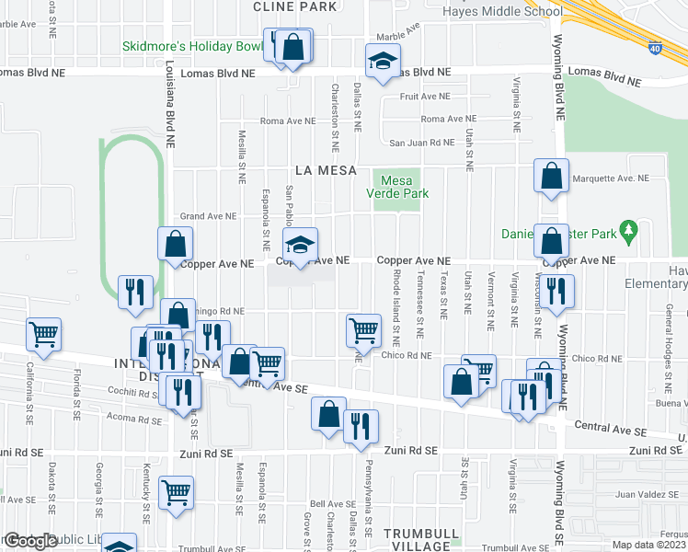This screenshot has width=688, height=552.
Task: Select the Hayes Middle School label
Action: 502,12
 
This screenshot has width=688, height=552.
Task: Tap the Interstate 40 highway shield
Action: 654,46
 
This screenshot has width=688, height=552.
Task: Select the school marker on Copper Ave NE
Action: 299,246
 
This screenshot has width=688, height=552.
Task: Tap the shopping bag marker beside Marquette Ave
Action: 550,178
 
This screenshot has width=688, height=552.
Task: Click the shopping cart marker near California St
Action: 43,336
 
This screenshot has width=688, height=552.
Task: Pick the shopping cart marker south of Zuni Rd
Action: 175,492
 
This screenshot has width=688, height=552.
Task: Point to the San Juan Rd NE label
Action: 421,143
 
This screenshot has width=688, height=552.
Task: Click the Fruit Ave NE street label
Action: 424,96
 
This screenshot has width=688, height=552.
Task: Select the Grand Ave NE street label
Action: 208,217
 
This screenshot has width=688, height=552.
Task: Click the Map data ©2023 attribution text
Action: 648,545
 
